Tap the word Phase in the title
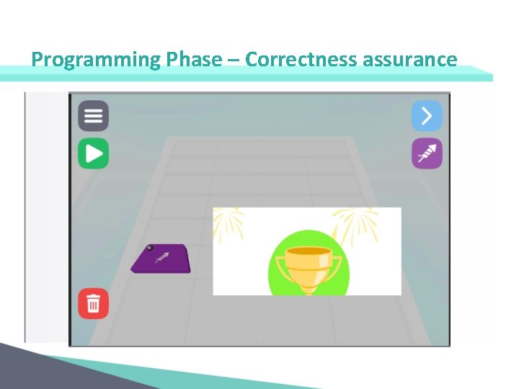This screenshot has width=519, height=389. tap(193, 59)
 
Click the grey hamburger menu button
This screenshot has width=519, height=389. tap(93, 115)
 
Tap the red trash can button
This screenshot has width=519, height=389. tap(93, 303)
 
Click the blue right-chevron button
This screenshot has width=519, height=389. tap(427, 115)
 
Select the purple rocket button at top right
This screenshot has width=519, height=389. tap(427, 153)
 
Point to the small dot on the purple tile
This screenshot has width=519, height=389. tap(150, 248)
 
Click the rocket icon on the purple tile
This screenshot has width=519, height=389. tap(163, 256)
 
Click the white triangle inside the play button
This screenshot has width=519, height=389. tap(94, 153)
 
